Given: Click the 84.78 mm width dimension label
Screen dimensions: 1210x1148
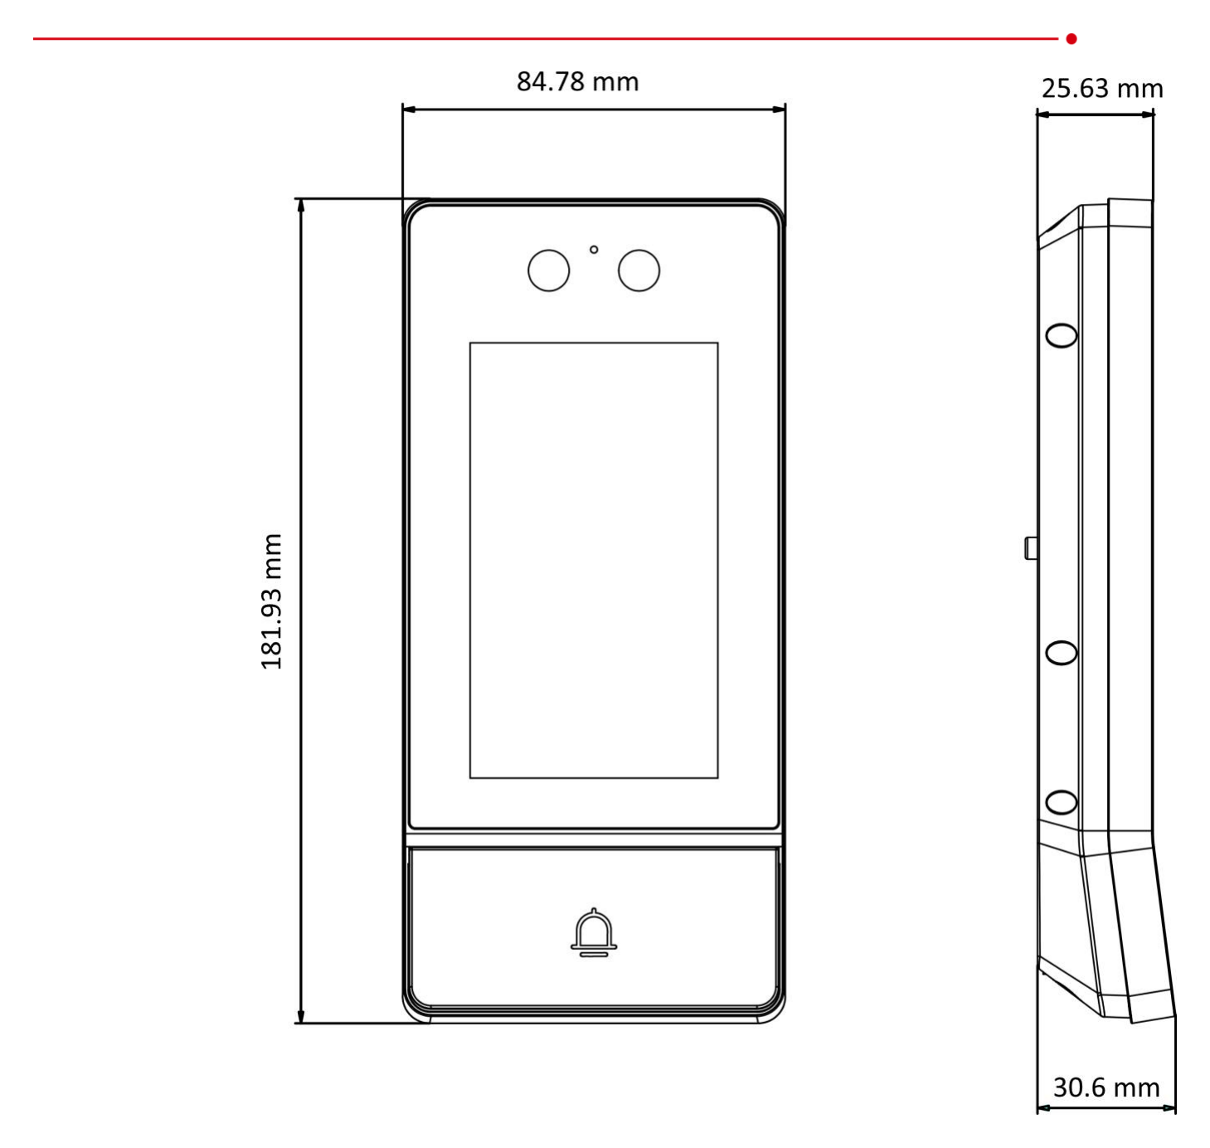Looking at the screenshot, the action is [x=577, y=82].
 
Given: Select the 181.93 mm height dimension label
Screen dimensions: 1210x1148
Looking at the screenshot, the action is [x=271, y=601].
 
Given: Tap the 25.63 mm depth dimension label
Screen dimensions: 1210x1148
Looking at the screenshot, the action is [x=1102, y=90].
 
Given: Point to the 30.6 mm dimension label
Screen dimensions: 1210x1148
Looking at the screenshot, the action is [x=1106, y=1087].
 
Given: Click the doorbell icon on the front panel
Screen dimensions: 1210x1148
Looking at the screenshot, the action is [x=593, y=932].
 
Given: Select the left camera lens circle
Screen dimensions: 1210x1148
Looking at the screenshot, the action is [x=548, y=270].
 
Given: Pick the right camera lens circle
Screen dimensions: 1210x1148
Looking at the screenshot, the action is [x=639, y=270].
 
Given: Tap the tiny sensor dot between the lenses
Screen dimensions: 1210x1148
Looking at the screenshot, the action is [x=594, y=250].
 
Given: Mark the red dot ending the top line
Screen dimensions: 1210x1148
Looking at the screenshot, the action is [x=1072, y=39].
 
